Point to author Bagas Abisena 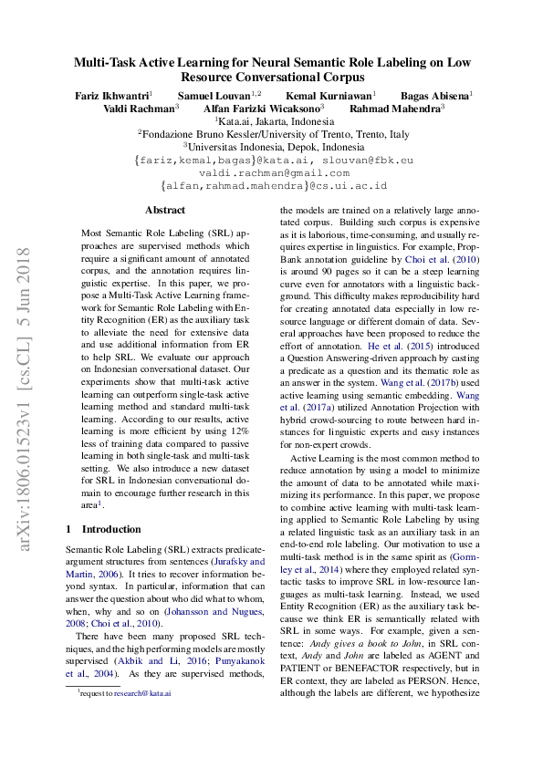434,95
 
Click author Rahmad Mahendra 400,108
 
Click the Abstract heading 165,211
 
